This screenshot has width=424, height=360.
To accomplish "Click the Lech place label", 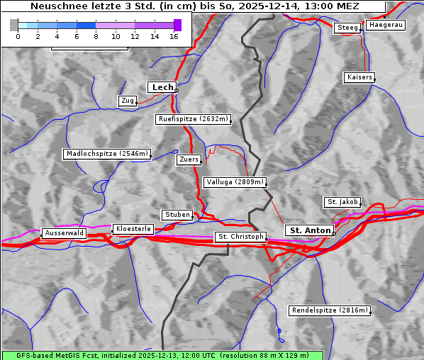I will (162, 87).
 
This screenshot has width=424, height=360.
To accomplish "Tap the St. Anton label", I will (310, 230).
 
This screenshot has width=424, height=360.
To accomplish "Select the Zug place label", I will (128, 101).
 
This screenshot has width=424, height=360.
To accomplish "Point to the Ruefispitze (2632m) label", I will (194, 119).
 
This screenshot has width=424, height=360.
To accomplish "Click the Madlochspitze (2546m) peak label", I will (106, 154).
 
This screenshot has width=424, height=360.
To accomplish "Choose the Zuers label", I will (189, 159).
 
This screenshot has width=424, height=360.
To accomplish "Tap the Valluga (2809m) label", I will (234, 182).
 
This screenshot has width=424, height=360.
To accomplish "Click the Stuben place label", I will (177, 215).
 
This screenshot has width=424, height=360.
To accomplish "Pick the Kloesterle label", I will (132, 229).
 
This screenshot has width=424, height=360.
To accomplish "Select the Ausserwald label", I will (64, 232).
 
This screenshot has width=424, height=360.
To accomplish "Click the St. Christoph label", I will (240, 237).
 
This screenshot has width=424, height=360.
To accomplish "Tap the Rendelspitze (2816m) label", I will (330, 310).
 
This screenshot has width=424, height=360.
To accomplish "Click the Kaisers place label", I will (359, 77).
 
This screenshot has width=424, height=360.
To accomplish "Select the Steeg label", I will (347, 28).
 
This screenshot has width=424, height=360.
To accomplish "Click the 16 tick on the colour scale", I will (174, 36).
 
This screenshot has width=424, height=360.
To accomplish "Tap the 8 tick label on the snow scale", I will (96, 36).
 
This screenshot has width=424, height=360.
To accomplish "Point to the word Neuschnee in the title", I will (56, 6).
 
